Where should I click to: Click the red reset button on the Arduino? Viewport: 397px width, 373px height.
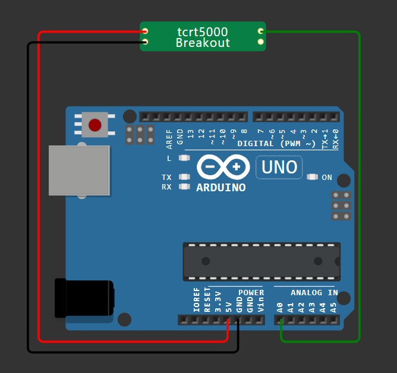(x=94, y=125)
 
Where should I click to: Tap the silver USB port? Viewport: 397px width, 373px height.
(x=79, y=170)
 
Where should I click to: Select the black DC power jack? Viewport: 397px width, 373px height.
(x=83, y=298)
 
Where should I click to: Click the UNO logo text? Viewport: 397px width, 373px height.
(x=279, y=167)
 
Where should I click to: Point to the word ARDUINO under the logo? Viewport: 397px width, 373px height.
(x=221, y=188)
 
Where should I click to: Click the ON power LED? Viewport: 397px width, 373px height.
(x=313, y=177)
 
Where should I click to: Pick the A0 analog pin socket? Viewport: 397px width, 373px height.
(x=281, y=320)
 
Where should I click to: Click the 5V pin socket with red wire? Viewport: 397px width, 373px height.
(x=228, y=320)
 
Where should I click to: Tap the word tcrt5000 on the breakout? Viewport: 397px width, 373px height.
(x=203, y=32)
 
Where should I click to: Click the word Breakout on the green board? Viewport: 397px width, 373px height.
(x=203, y=43)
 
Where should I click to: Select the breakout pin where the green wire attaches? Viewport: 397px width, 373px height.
(x=260, y=31)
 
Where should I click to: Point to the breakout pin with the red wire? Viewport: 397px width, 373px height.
(x=145, y=31)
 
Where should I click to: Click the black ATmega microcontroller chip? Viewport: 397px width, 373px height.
(x=261, y=261)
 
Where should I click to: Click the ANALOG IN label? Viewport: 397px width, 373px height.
(x=314, y=293)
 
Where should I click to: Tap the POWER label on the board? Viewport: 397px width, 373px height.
(x=251, y=293)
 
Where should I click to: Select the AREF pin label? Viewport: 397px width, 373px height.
(x=169, y=138)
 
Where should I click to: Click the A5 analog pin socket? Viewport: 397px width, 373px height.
(x=333, y=320)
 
